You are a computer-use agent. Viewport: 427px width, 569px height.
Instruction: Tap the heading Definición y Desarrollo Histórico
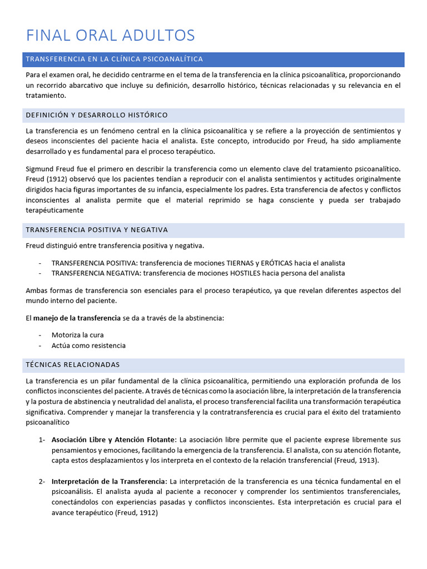96,115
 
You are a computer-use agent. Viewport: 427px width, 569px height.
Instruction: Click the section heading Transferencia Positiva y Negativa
96,229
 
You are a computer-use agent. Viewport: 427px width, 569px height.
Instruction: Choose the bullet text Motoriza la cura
77,335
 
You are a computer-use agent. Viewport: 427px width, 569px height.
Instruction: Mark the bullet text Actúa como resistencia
88,345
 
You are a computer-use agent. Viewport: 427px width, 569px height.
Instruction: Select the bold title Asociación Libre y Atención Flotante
113,440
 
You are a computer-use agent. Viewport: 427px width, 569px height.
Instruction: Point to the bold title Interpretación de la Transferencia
109,481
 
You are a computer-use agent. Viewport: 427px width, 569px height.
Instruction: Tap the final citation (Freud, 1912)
136,513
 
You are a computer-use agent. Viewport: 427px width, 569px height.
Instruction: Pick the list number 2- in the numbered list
42,481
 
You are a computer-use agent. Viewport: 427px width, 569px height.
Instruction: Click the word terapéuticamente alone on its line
54,210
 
